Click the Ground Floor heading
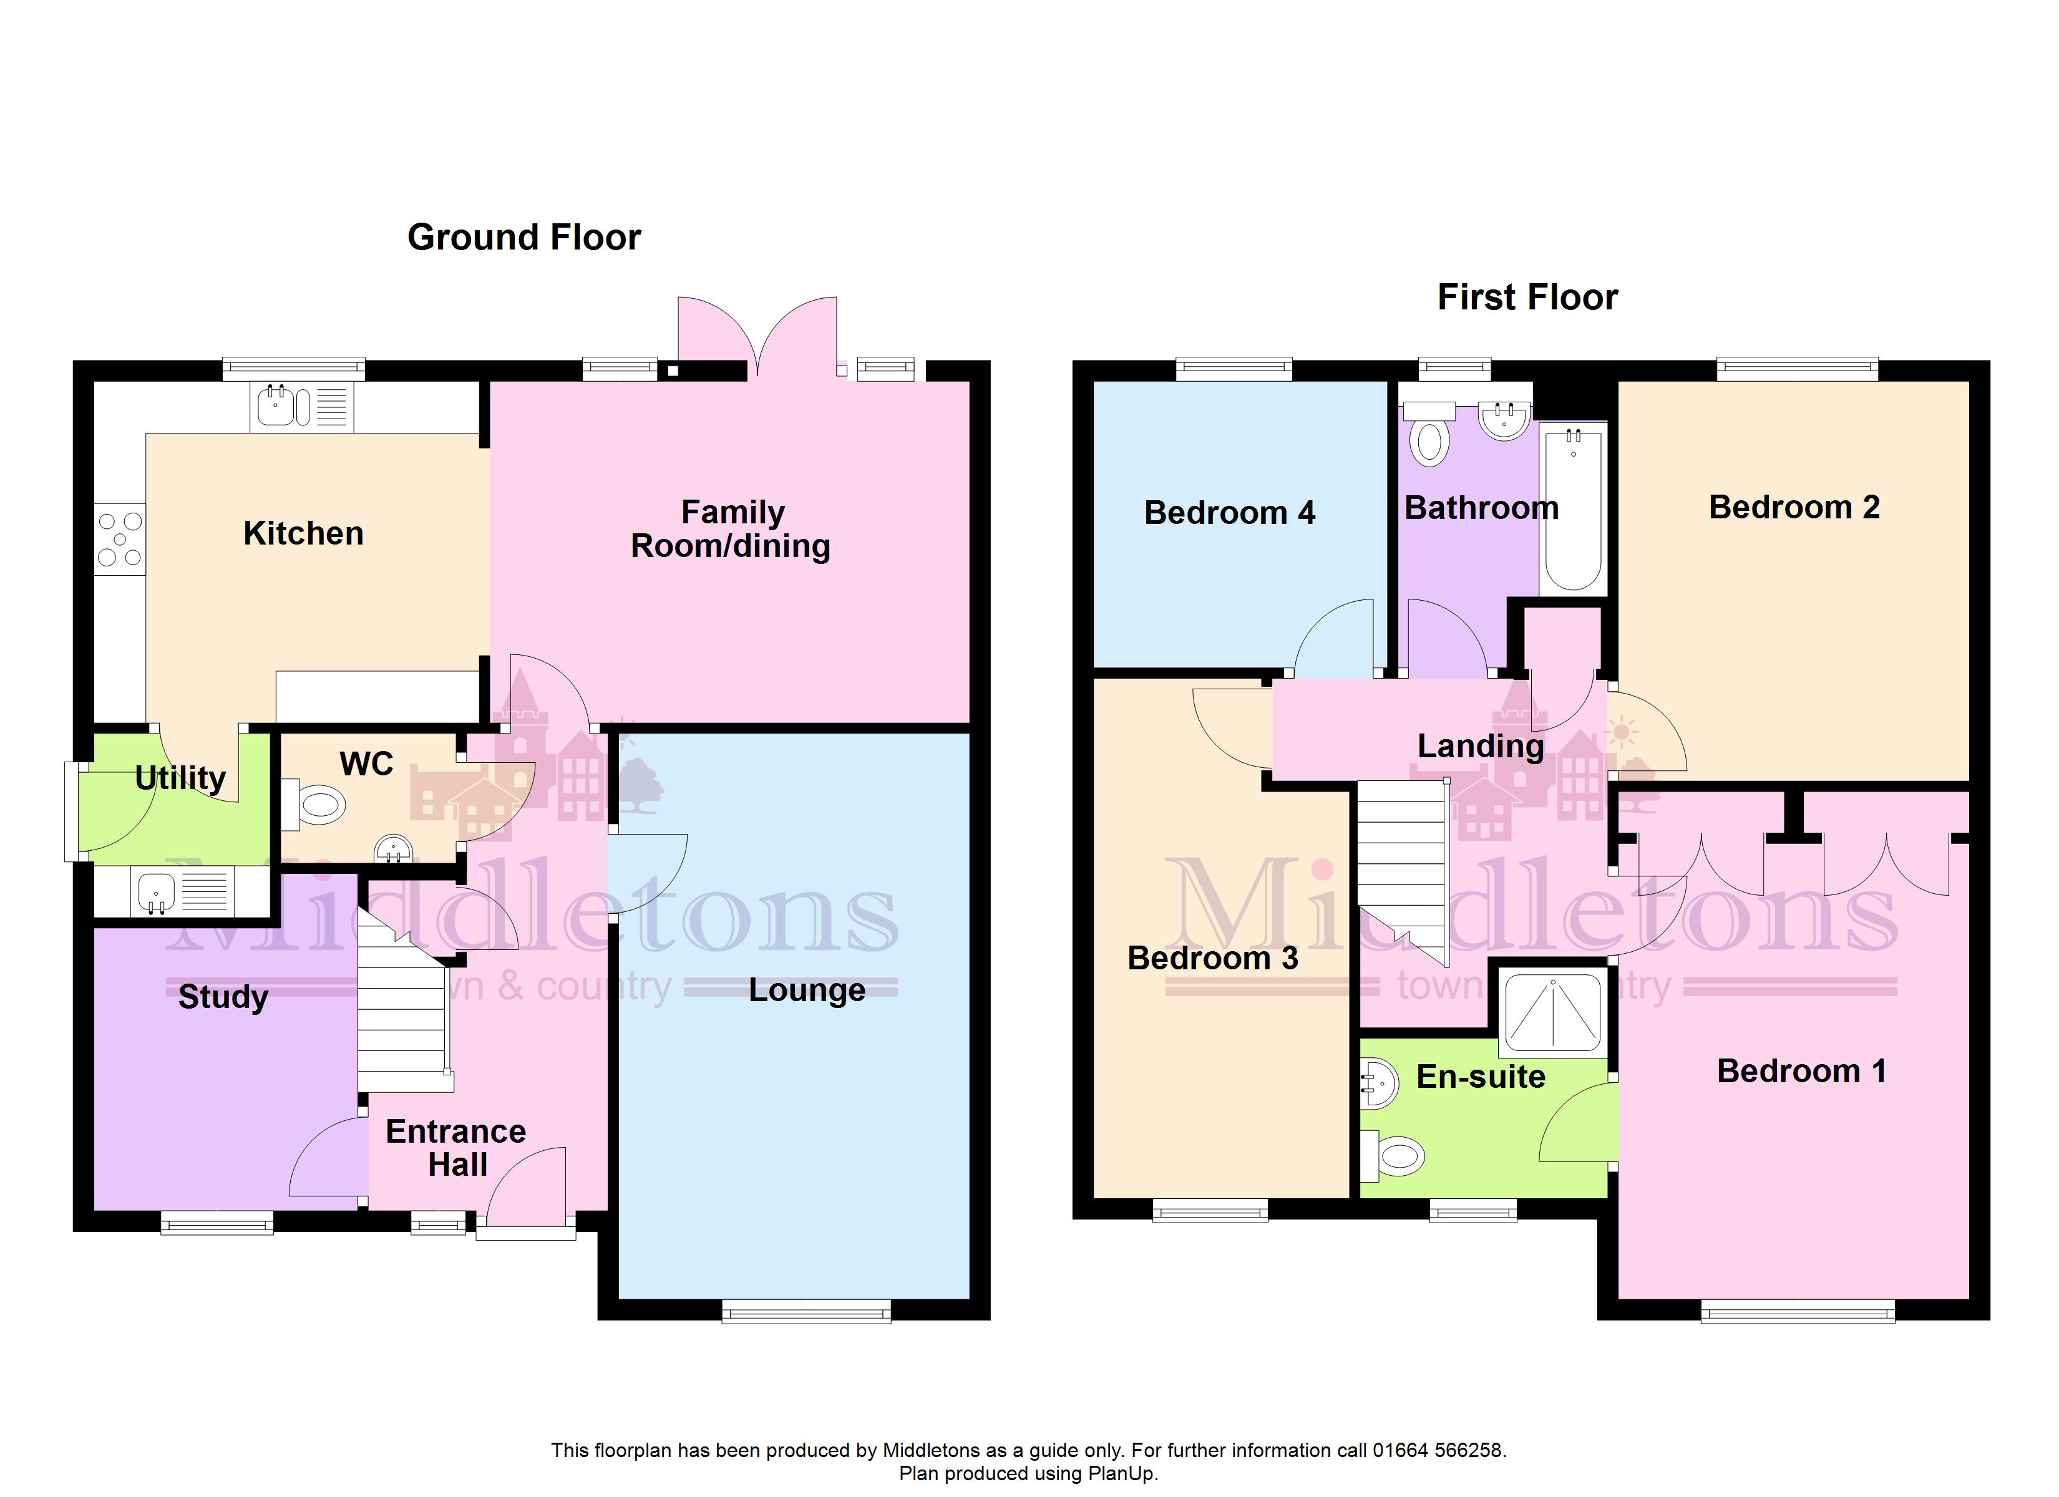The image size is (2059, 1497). click(524, 238)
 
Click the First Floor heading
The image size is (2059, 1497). click(1528, 298)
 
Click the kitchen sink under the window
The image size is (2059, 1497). click(301, 407)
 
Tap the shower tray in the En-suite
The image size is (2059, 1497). click(1554, 1011)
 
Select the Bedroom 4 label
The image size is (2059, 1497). click(1229, 513)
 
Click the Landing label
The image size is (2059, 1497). click(1481, 746)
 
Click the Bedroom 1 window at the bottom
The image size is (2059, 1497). click(1798, 1312)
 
